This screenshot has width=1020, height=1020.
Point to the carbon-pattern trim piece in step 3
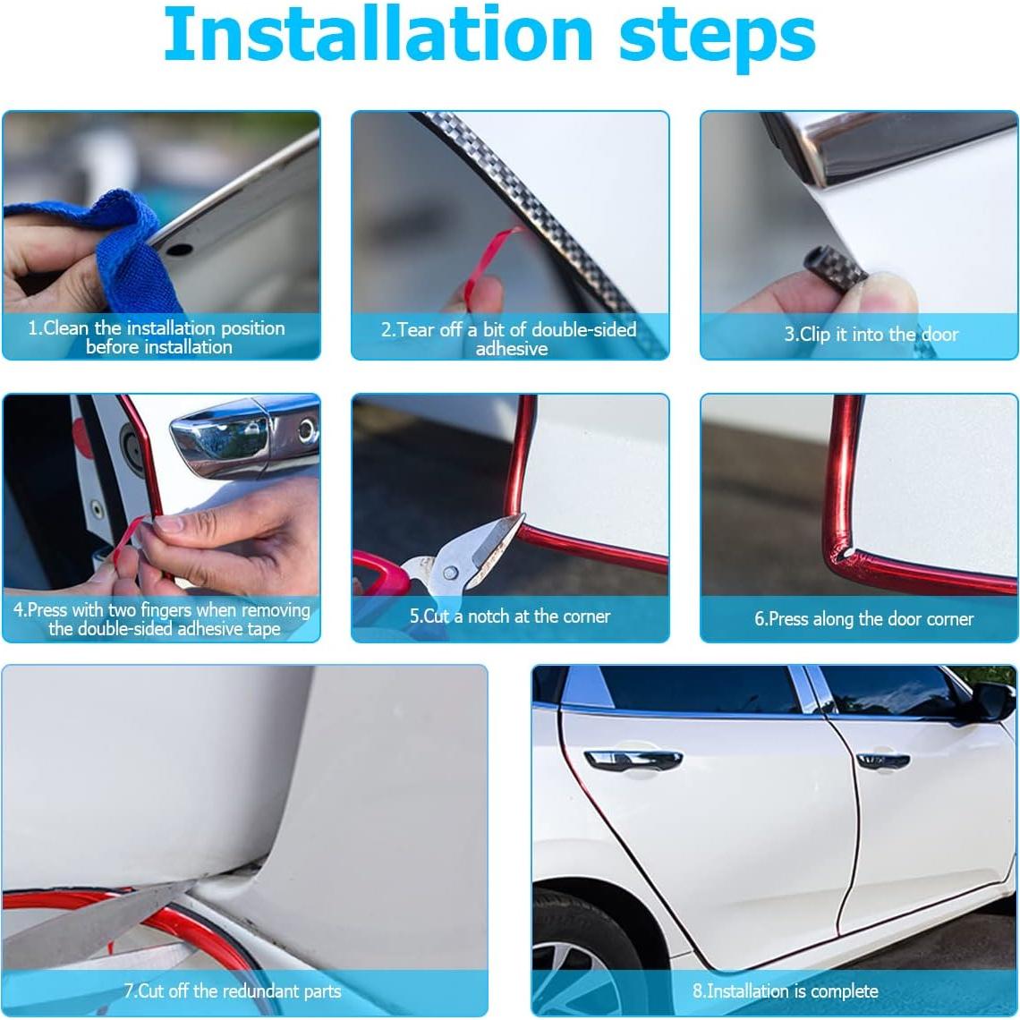tap(832, 268)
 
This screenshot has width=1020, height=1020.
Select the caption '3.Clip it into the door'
tap(871, 335)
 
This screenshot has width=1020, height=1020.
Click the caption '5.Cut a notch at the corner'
tap(510, 616)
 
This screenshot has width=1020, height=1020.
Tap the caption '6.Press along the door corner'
tap(863, 619)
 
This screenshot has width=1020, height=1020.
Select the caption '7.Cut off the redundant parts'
tap(233, 991)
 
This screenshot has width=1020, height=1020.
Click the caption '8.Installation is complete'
tap(786, 991)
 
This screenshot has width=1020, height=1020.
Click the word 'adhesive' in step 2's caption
tap(512, 349)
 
